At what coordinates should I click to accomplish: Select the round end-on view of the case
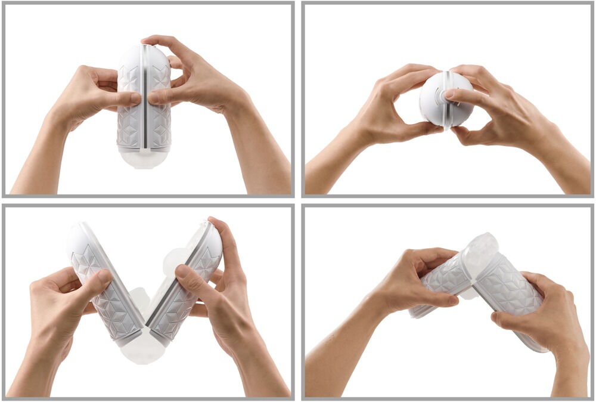(445, 98)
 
